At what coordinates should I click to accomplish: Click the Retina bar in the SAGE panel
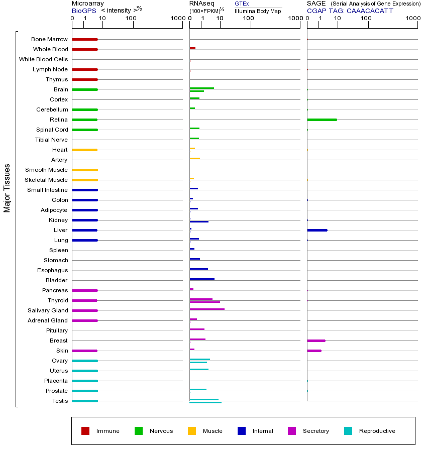pyautogui.click(x=322, y=120)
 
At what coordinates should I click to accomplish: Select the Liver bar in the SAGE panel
pyautogui.click(x=317, y=230)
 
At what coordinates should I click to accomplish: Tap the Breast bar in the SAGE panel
pyautogui.click(x=316, y=341)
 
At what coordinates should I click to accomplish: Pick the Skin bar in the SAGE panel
pyautogui.click(x=314, y=351)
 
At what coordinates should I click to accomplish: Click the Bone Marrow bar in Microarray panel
pyautogui.click(x=84, y=39)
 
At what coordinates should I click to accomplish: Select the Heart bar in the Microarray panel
pyautogui.click(x=84, y=150)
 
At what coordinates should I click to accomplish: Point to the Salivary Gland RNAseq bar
pyautogui.click(x=206, y=309)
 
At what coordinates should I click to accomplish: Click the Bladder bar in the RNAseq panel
pyautogui.click(x=201, y=279)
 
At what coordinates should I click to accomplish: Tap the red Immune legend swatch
pyautogui.click(x=85, y=431)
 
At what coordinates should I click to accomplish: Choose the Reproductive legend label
pyautogui.click(x=377, y=431)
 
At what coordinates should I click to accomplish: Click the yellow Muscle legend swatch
pyautogui.click(x=192, y=431)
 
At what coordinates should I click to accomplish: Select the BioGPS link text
pyautogui.click(x=83, y=11)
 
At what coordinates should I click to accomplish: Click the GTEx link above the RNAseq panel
pyautogui.click(x=242, y=4)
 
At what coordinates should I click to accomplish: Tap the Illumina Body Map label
pyautogui.click(x=258, y=11)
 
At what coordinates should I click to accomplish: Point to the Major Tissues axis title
pyautogui.click(x=7, y=188)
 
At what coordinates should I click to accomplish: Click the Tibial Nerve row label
pyautogui.click(x=51, y=140)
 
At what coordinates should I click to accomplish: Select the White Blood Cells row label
pyautogui.click(x=43, y=59)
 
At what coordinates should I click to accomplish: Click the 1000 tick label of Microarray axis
pyautogui.click(x=177, y=19)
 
